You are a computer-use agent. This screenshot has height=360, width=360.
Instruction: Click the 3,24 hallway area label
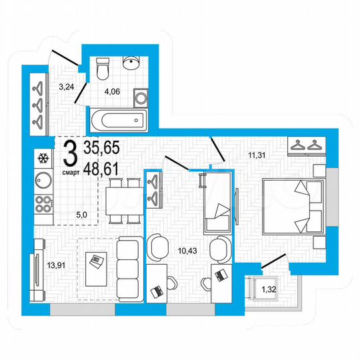[67, 86]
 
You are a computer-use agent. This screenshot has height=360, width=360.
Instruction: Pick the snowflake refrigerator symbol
[43, 158]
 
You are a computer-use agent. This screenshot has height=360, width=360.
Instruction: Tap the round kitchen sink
[44, 180]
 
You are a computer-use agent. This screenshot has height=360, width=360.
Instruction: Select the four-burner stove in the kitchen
[44, 205]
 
